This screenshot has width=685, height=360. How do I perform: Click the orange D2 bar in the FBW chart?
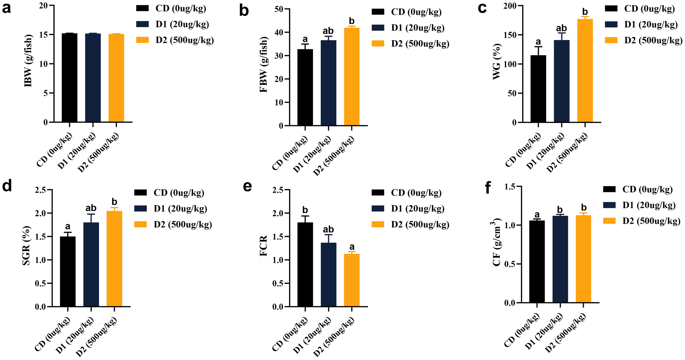(352, 77)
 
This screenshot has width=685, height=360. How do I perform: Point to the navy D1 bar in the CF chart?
(560, 259)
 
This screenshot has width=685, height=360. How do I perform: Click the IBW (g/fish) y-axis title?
(28, 61)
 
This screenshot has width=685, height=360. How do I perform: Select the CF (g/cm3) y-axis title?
(497, 242)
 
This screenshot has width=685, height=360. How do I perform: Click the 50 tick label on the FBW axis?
(279, 9)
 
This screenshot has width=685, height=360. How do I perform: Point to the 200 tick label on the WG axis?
(510, 6)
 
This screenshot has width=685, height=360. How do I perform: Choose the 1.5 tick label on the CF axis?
(510, 187)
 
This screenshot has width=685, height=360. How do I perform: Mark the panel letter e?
(247, 186)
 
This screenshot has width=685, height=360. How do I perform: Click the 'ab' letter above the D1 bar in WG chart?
(561, 28)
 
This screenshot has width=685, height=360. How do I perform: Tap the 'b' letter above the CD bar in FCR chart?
(305, 210)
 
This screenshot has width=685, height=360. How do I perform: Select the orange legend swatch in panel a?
(142, 40)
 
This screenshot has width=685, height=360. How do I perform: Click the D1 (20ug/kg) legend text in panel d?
(180, 209)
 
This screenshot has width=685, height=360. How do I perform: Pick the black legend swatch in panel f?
(609, 189)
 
